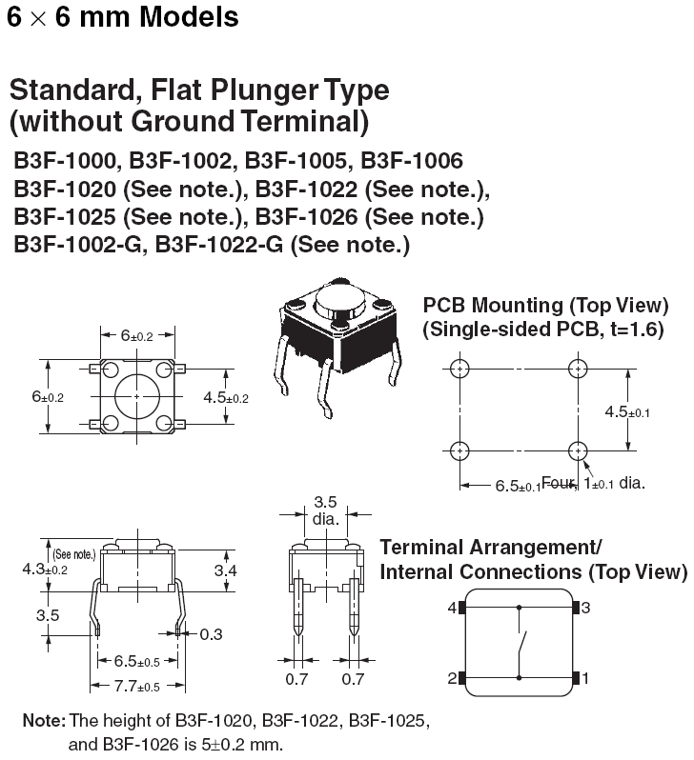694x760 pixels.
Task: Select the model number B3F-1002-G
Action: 78,245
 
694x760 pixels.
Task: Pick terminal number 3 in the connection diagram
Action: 587,607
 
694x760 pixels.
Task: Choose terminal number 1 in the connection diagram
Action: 587,678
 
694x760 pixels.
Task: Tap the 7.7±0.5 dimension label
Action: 137,686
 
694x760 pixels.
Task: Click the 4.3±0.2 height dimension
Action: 44,569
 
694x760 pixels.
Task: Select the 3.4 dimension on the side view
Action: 225,570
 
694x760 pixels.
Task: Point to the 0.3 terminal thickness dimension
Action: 211,632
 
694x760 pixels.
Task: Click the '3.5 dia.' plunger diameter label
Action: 324,510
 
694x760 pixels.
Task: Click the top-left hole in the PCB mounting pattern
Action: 460,369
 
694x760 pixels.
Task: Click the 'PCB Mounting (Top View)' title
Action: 545,306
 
